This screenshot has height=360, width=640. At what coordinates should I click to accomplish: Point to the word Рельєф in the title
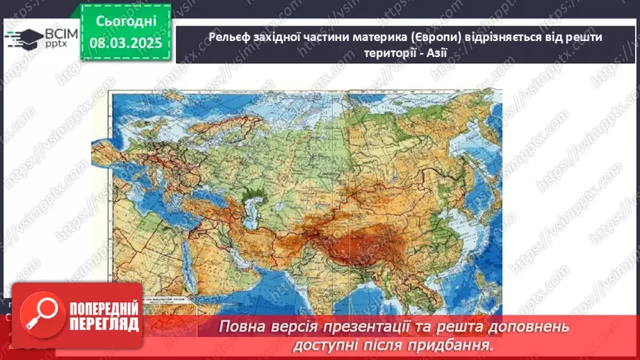[x=228, y=37]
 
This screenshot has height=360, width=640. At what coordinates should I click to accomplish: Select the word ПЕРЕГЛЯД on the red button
[x=101, y=325]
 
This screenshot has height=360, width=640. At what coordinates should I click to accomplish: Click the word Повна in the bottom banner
[x=241, y=327]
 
